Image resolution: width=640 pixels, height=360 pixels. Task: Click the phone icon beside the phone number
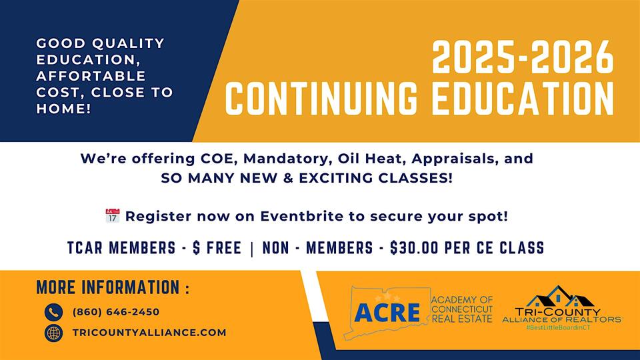53,312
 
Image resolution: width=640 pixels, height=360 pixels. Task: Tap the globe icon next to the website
53,333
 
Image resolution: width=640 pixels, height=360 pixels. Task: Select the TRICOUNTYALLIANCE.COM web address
149,333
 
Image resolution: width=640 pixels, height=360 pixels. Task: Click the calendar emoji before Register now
112,216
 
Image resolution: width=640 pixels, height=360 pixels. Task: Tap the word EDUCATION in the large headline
525,97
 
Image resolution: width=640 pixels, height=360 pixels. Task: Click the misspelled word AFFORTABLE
91,75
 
